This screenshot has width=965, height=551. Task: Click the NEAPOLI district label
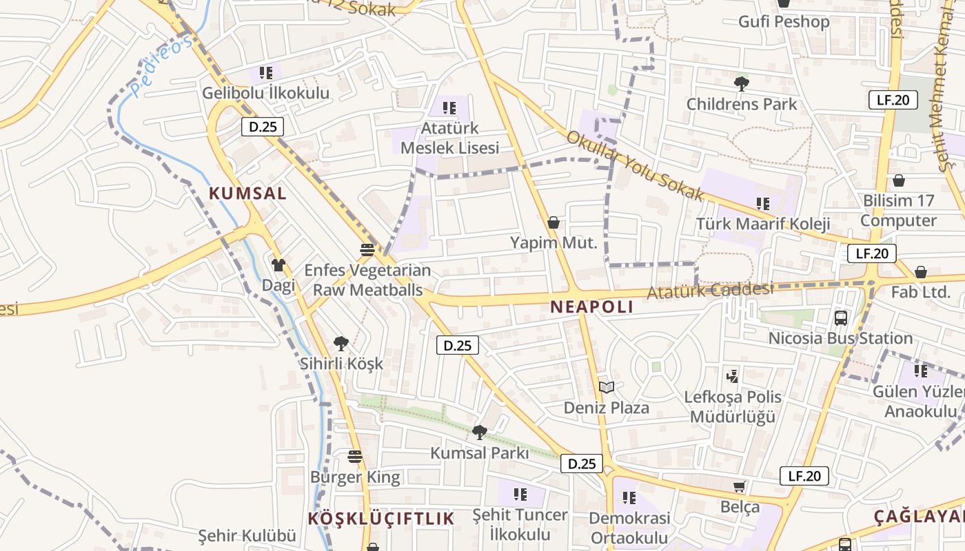click(x=591, y=307)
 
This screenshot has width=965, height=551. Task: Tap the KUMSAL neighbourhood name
click(x=247, y=194)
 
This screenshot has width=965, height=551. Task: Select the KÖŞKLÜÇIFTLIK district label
click(x=381, y=519)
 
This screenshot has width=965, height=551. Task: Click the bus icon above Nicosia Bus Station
click(x=841, y=318)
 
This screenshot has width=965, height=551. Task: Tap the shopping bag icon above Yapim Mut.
click(x=553, y=222)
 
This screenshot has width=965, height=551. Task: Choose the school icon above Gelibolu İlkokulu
click(x=266, y=72)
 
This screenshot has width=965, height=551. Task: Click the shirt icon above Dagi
click(x=278, y=264)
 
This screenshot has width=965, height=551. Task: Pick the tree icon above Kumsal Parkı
click(x=479, y=433)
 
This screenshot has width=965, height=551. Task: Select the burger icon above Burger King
click(x=355, y=457)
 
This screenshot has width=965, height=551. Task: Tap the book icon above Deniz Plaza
click(x=606, y=388)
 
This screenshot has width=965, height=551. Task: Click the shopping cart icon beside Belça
click(x=740, y=487)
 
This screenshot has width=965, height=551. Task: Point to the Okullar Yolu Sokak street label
click(x=635, y=165)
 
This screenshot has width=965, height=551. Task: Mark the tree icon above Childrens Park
click(x=742, y=84)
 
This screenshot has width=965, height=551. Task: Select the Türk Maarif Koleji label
click(x=762, y=224)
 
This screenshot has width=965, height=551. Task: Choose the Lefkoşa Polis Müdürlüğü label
click(x=733, y=406)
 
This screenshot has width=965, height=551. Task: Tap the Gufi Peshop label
click(x=784, y=21)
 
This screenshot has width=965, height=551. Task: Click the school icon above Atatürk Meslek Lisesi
click(x=449, y=108)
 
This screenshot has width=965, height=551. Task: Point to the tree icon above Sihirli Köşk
click(x=341, y=343)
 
